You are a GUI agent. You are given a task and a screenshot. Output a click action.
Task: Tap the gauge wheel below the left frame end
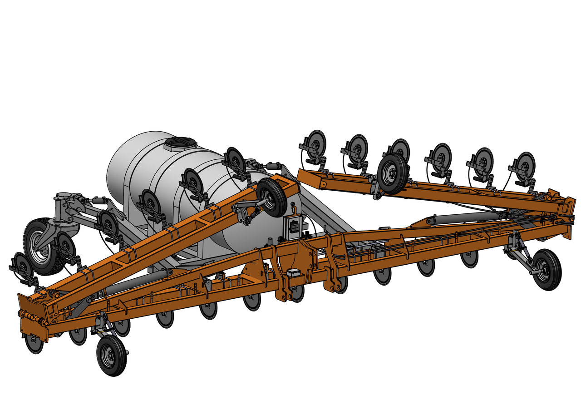coord(111,356)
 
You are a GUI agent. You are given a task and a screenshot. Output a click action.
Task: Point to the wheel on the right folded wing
coord(392,173)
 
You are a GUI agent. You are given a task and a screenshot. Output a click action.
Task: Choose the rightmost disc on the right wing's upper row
coord(525,163)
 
